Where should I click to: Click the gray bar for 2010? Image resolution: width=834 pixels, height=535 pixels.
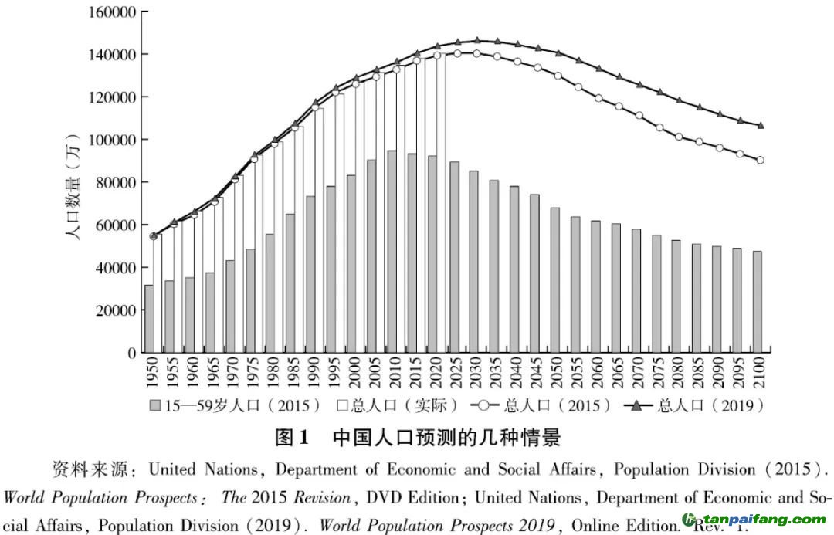pos(392,252)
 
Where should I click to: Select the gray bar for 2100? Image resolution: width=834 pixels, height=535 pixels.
pos(758,302)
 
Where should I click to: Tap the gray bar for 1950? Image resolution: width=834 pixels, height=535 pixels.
pos(148,319)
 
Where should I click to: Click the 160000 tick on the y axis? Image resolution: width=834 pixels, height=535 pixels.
pos(112,12)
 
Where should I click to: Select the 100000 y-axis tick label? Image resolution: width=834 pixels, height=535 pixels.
pos(112,140)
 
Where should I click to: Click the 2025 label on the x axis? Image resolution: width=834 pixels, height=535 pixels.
pos(454,375)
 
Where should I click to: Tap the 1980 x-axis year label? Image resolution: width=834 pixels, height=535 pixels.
pos(271,375)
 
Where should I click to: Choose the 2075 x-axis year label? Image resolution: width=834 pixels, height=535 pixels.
pos(657,375)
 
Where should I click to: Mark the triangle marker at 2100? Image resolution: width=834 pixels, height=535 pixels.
pos(761,125)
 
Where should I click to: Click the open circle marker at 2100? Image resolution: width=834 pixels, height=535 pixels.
pos(761,161)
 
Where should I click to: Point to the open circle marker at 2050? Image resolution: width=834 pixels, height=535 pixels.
pos(558,76)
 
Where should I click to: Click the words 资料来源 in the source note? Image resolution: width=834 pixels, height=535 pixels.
pos(84,469)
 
